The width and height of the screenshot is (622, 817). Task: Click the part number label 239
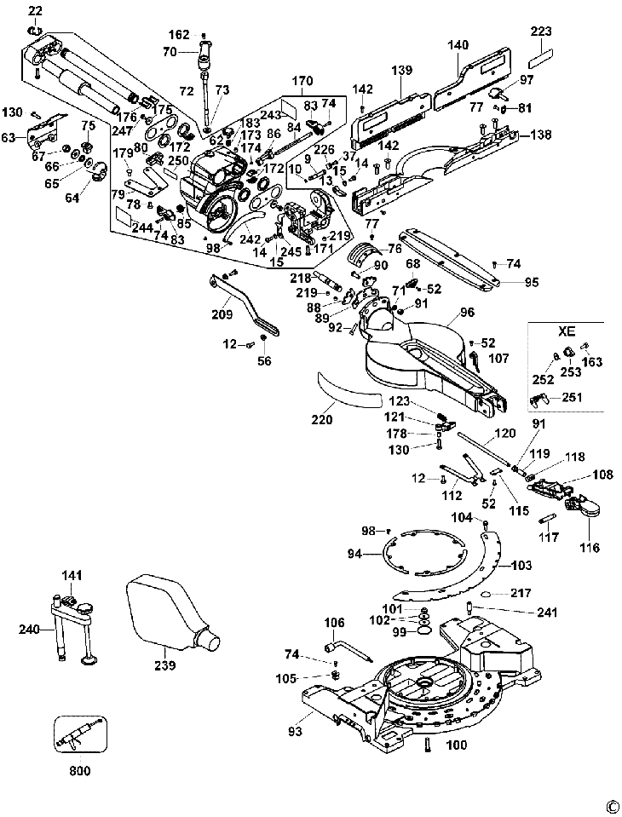164,665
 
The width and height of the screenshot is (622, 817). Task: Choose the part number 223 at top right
541,32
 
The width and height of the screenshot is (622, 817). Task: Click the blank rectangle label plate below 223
541,61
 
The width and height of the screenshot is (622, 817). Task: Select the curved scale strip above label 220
349,389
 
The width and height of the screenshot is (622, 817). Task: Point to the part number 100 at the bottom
457,745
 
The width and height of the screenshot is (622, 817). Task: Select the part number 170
302,83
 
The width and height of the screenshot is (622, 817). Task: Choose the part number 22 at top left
34,10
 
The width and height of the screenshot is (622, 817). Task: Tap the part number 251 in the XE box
572,397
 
